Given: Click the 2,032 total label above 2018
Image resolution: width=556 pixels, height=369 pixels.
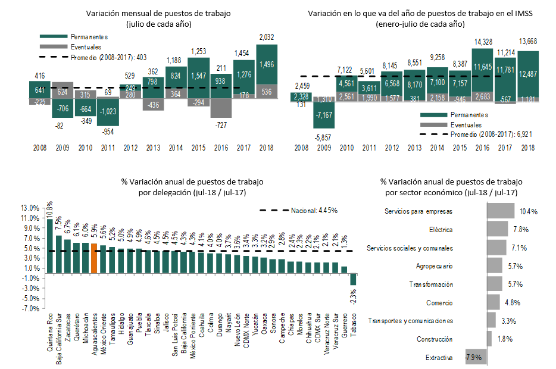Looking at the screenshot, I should point(267,37).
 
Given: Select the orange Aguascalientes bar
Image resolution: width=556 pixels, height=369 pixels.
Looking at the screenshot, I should point(93,257).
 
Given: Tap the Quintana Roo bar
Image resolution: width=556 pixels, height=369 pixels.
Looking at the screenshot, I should point(49,245).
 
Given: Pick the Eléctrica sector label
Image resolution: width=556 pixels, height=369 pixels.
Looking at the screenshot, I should point(441,230).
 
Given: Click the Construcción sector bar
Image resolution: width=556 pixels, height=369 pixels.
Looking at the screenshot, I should point(489,339).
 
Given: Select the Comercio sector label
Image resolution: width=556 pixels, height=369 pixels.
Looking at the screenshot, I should point(441,303).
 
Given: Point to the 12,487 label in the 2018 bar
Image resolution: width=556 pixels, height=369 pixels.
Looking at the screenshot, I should point(528,73).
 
